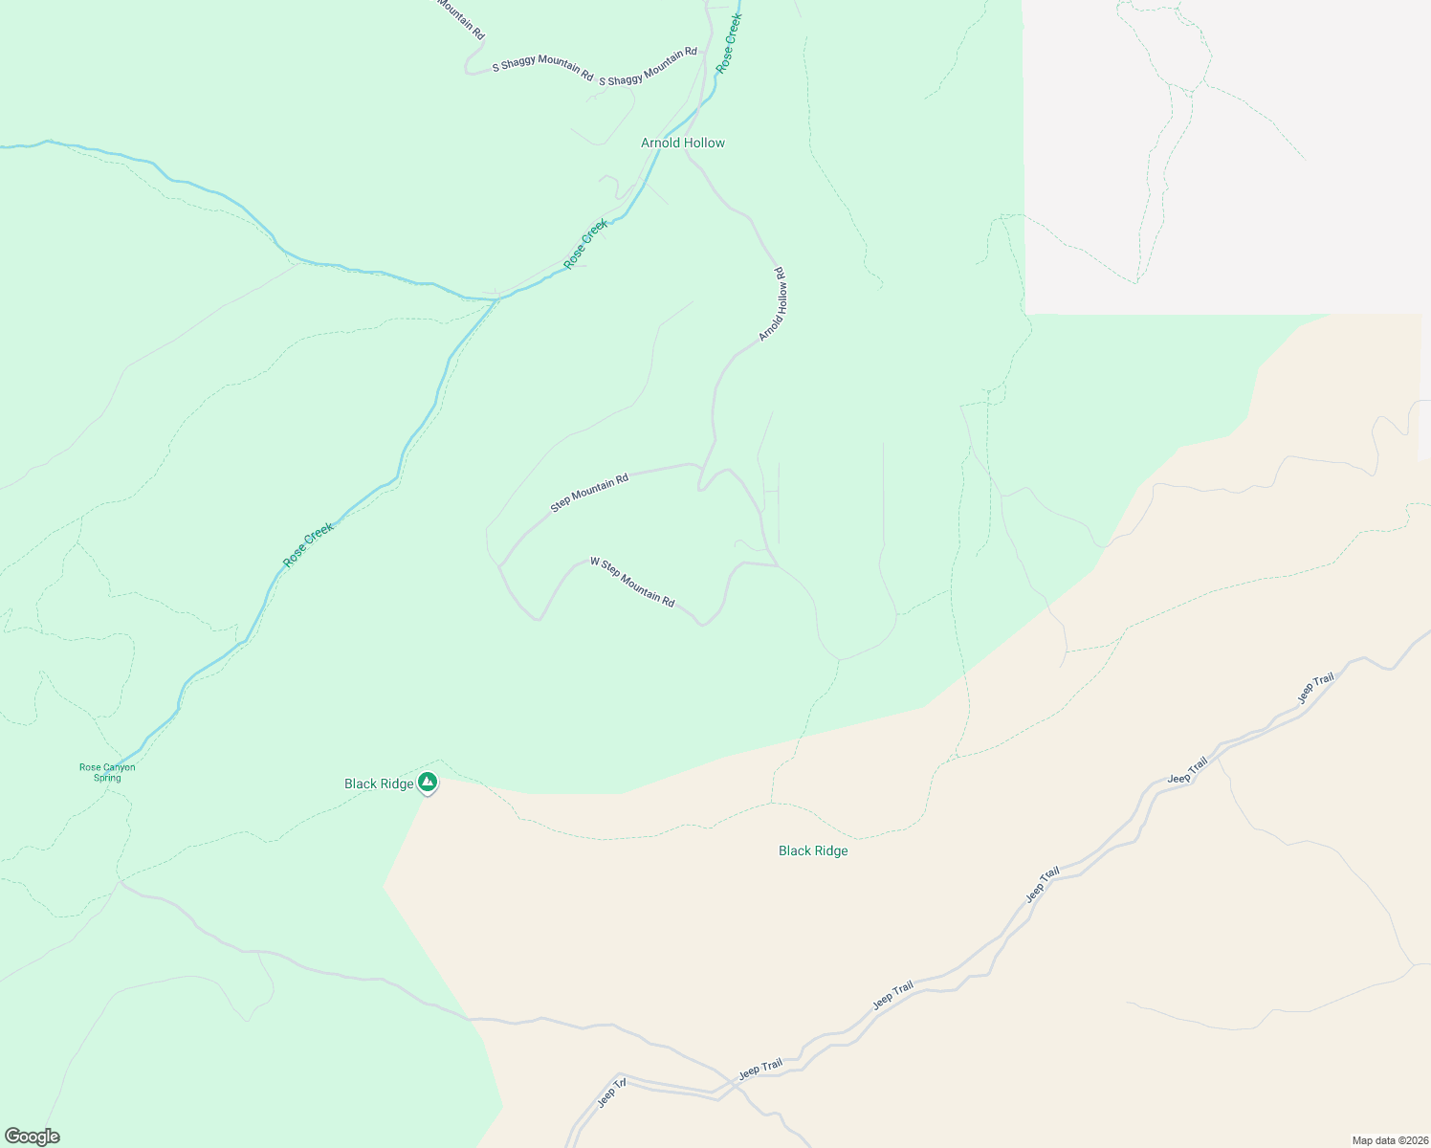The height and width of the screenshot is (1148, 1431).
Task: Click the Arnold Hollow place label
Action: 682,143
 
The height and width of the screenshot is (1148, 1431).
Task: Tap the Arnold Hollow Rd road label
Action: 773,304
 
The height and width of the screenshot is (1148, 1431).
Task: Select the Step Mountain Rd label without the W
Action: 589,492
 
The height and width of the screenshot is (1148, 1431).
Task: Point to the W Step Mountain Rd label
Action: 632,582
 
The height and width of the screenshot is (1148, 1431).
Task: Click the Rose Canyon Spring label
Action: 107,772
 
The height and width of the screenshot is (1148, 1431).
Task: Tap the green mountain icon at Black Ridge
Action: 428,783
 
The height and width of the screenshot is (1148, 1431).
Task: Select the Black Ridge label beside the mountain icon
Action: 379,784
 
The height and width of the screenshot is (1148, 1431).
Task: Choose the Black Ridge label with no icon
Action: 813,850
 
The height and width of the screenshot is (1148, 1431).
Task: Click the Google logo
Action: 32,1137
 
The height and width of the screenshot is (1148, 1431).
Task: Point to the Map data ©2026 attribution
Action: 1389,1140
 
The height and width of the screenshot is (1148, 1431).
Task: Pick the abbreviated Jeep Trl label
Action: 611,1093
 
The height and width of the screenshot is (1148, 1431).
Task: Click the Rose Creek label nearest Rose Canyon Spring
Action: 309,544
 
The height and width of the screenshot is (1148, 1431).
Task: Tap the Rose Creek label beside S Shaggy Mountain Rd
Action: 729,44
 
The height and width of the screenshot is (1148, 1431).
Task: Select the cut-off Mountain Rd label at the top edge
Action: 461,17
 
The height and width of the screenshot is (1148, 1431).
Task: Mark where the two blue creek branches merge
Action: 496,299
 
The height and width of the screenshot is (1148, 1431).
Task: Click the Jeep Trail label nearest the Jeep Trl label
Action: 760,1068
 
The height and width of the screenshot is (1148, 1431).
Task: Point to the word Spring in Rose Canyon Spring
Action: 107,778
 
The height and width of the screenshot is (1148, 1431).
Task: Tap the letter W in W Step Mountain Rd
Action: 594,561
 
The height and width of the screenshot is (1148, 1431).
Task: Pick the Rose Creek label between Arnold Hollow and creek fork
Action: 585,245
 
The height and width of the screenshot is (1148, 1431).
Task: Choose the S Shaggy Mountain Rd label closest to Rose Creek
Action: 648,67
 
